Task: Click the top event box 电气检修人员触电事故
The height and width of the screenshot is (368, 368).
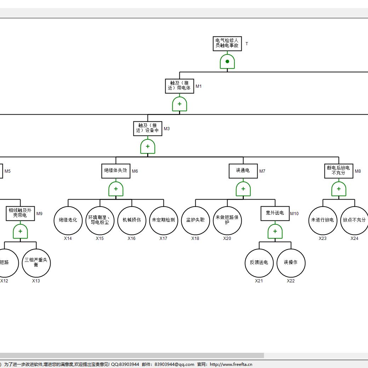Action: [227, 44]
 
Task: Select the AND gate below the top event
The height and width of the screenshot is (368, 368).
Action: [227, 62]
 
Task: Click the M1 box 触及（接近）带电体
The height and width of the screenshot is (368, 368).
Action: [179, 86]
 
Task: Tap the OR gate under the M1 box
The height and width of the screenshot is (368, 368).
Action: [179, 104]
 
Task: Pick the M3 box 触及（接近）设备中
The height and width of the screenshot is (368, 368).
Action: [148, 128]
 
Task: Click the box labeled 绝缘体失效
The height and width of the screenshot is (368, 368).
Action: [116, 171]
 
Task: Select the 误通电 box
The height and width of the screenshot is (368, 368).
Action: [243, 171]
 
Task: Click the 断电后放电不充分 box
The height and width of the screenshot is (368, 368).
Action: [339, 171]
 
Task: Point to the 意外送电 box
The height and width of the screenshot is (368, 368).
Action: [275, 213]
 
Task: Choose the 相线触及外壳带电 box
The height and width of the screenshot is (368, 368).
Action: [20, 213]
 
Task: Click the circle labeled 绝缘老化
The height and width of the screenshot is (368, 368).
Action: [68, 220]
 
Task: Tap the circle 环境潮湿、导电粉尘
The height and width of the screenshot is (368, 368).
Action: [100, 220]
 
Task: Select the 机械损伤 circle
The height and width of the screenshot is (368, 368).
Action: [132, 220]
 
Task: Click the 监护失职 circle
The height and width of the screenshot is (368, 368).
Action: [195, 220]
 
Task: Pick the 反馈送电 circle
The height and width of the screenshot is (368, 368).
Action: [259, 263]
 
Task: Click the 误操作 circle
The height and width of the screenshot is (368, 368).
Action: [291, 263]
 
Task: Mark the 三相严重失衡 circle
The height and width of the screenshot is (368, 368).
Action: [36, 263]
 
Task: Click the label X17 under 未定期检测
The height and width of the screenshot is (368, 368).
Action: [163, 238]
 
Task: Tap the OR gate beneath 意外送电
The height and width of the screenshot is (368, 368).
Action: [275, 231]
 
